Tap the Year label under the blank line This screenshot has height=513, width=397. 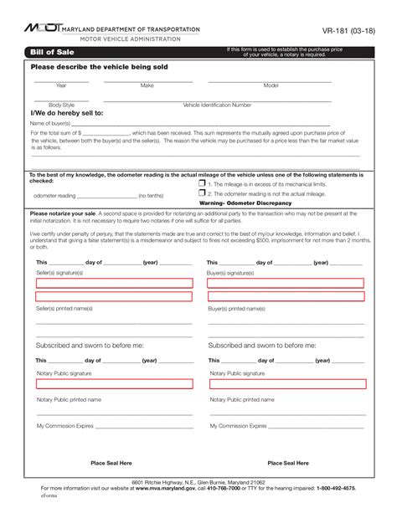pos(61,85)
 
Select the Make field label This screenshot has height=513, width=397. pos(147,85)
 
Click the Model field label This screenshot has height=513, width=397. pos(271,85)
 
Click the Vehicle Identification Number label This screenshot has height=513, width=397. pos(217,105)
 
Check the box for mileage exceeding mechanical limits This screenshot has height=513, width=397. pos(202,182)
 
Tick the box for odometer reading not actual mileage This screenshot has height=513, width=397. pos(202,192)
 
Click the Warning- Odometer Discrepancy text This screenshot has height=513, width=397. pos(245,203)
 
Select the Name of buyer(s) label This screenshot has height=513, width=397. pos(50,122)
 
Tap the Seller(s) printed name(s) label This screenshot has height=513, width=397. pos(64,309)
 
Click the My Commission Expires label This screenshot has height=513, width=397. pos(64,425)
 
